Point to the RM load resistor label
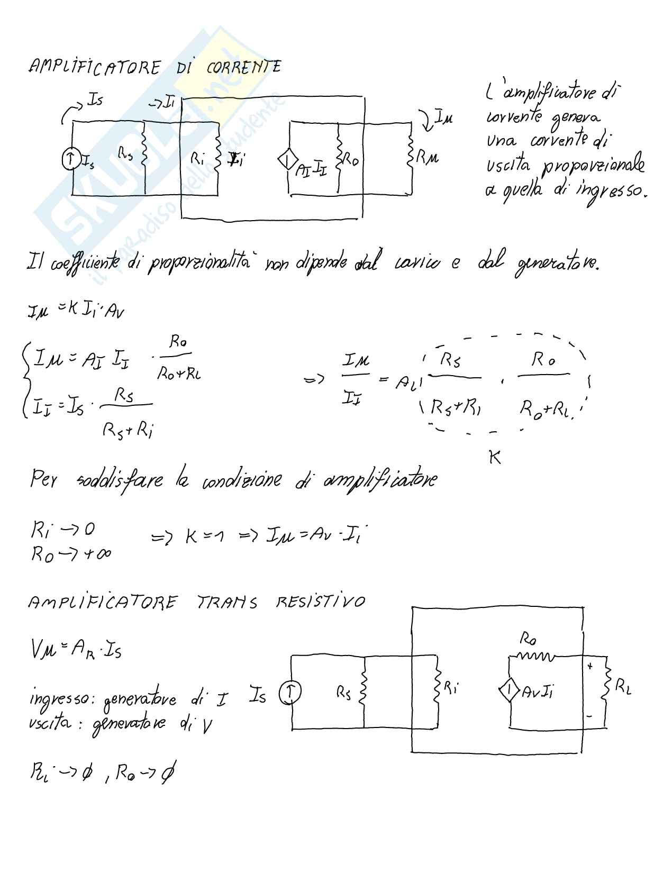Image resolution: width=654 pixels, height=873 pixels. click(428, 157)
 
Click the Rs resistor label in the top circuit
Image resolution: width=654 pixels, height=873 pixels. click(125, 154)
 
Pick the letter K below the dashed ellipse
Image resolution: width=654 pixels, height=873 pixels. click(495, 457)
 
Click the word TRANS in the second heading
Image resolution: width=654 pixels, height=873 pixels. click(227, 602)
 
